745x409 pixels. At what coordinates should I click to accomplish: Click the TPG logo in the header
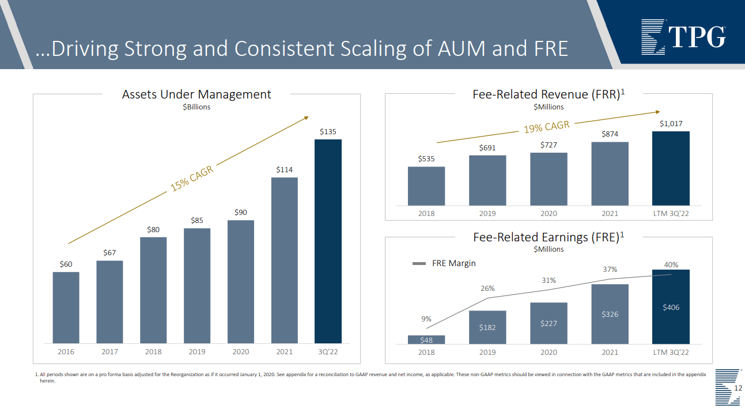click(683, 36)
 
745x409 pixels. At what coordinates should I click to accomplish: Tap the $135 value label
click(328, 132)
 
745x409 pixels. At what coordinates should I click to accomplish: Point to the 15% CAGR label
click(192, 179)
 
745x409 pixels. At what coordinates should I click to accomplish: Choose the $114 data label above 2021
click(284, 169)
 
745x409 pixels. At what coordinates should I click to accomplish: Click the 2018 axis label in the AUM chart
click(153, 351)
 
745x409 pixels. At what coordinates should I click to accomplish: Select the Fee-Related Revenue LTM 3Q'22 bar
click(671, 168)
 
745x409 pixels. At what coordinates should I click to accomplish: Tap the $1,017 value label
click(671, 124)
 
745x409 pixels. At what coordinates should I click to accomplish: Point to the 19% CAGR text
click(546, 127)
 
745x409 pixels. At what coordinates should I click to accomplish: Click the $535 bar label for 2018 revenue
click(426, 159)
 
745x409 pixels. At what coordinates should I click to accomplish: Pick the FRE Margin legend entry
click(444, 263)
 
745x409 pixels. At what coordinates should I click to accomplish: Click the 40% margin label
click(671, 265)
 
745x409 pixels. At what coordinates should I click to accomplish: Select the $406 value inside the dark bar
click(671, 308)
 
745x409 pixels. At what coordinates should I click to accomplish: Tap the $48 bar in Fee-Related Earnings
click(426, 340)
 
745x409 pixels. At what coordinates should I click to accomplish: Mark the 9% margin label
click(426, 319)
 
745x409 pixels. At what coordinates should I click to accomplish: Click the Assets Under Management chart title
click(196, 94)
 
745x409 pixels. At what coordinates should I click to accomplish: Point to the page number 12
click(738, 389)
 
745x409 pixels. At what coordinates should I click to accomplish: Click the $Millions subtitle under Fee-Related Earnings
click(549, 249)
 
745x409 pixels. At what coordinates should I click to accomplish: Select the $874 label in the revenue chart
click(610, 134)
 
